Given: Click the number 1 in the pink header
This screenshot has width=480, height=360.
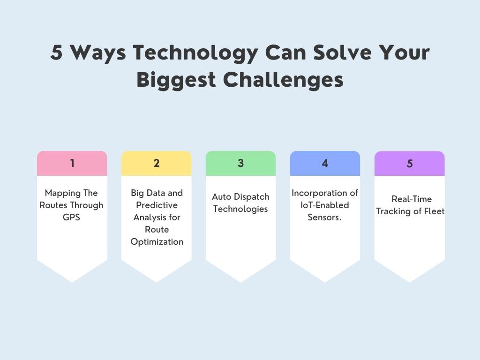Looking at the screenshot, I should click(x=72, y=163).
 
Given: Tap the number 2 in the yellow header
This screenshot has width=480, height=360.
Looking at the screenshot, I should click(x=157, y=163).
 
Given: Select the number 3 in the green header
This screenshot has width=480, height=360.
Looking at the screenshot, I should click(x=240, y=163).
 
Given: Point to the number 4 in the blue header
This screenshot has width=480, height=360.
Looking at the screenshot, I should click(x=325, y=163).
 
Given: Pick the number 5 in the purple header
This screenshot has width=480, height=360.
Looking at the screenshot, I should click(x=410, y=164).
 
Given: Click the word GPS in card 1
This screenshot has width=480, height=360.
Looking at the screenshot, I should click(x=72, y=217).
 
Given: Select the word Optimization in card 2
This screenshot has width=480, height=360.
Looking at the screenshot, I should click(x=157, y=242).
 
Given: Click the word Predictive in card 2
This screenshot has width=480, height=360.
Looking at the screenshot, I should click(x=157, y=205).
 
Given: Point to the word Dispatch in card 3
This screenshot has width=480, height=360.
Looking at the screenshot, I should click(x=252, y=197).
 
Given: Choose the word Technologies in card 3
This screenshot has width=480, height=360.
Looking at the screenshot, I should click(x=240, y=209).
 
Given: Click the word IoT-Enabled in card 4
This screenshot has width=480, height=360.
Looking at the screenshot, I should click(x=325, y=205).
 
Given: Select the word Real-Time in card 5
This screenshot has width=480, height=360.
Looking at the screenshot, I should click(x=412, y=199).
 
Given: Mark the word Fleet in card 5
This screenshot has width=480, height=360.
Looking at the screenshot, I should click(x=434, y=211).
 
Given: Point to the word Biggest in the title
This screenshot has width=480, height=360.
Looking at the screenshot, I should click(x=176, y=80).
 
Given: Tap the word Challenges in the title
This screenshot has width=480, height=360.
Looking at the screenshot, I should click(x=283, y=80).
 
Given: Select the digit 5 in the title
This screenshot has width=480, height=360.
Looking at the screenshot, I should click(x=57, y=52).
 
